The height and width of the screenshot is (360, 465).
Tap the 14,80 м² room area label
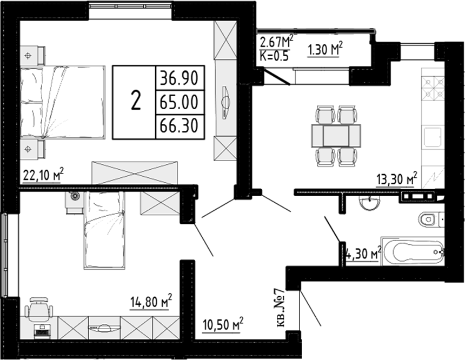click(x=151, y=300)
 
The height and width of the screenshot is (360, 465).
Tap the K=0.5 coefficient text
click(x=275, y=55)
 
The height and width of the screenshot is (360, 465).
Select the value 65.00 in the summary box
click(x=179, y=102)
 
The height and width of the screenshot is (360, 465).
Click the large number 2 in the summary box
click(x=135, y=101)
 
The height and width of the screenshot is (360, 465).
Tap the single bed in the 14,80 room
click(x=104, y=229)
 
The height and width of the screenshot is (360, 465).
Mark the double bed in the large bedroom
click(x=63, y=103)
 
